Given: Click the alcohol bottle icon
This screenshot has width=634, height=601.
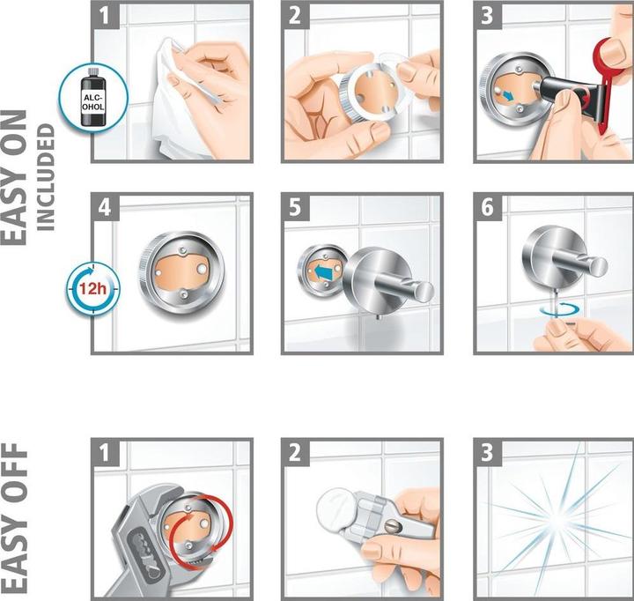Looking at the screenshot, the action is pos(93,97).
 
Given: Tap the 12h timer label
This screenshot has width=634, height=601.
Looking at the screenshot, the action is pos(92,289).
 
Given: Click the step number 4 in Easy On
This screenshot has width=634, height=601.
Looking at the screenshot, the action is pos(105,207).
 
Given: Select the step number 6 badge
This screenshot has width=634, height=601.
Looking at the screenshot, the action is pos(488,207).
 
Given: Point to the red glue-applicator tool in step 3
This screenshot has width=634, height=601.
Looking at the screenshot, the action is pos(606,81).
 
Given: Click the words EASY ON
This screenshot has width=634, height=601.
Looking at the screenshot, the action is pos(14,178).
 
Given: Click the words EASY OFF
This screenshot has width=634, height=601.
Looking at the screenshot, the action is pos(14,518).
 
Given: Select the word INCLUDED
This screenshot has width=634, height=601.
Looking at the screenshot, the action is pos(46,177).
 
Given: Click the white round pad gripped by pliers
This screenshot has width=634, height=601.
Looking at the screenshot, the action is pos(336,505).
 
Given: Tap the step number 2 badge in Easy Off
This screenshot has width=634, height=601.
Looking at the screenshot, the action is pos(295,452).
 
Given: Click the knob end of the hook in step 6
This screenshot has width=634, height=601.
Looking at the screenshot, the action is pos(598,266).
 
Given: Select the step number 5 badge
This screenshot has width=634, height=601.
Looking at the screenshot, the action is pos(295,207).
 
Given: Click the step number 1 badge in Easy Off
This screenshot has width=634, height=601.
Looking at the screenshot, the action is pos(105,452).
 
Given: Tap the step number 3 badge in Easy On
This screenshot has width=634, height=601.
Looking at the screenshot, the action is pos(488,15).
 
